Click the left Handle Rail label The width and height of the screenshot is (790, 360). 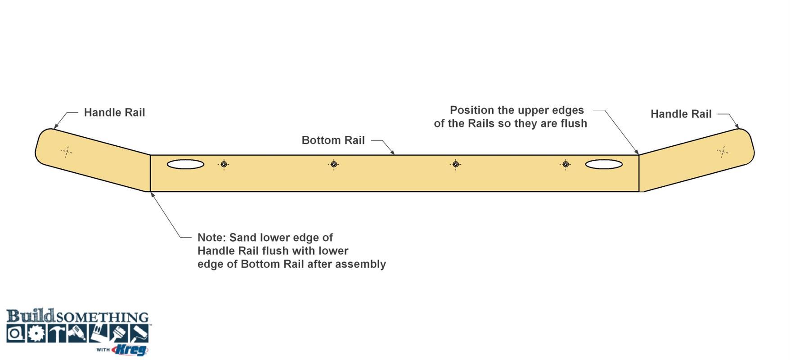tap(114, 112)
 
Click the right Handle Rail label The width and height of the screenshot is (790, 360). tap(681, 114)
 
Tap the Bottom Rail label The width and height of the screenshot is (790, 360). tap(333, 140)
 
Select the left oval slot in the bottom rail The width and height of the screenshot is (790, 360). tap(185, 164)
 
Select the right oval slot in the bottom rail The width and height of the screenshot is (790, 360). tap(604, 164)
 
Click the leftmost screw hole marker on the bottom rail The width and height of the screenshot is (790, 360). tap(224, 164)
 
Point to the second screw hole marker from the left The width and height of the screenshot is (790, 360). tap(333, 164)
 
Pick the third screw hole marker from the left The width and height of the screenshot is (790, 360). tap(455, 164)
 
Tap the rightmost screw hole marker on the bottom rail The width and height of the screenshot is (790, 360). tap(566, 164)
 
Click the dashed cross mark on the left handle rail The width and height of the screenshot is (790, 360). tap(66, 152)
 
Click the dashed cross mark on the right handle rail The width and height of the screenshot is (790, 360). tap(723, 152)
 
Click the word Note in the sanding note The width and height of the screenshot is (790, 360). tap(211, 238)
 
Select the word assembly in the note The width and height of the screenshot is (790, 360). tap(364, 265)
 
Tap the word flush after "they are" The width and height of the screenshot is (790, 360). tap(574, 123)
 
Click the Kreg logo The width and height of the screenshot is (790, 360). tap(130, 349)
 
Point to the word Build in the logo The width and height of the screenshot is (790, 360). tap(31, 315)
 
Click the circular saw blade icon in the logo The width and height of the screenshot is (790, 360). tap(36, 333)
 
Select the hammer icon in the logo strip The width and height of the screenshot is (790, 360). tap(56, 333)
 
